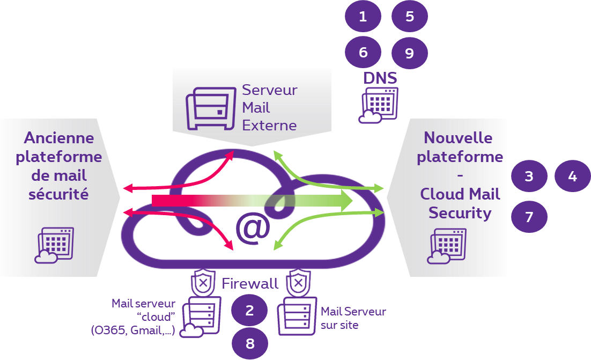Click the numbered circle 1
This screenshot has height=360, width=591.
point(363,17)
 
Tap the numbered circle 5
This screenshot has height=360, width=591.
point(410,17)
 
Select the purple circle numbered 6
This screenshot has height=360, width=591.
point(363,53)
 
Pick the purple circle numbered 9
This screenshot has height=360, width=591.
point(410,53)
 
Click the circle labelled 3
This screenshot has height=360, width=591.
point(529,176)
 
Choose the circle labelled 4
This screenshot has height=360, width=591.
point(572,176)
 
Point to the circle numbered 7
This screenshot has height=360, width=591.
point(529,217)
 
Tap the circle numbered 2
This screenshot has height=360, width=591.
point(249,311)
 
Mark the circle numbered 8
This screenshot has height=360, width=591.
point(249,343)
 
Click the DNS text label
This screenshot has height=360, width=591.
point(380,78)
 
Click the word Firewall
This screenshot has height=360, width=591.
point(250,284)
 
